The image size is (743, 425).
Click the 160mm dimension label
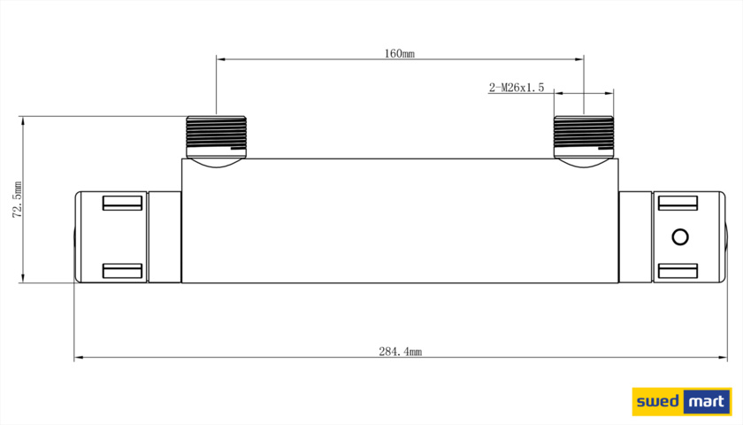tap(400, 54)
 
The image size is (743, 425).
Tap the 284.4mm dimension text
tap(401, 352)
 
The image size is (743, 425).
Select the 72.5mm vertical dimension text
tap(18, 200)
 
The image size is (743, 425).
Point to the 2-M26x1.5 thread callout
tap(517, 88)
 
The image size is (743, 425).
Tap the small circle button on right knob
tap(680, 237)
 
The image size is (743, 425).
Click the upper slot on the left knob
tap(122, 203)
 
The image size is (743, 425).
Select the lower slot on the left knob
tap(122, 271)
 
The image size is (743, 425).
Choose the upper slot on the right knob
tap(678, 203)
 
